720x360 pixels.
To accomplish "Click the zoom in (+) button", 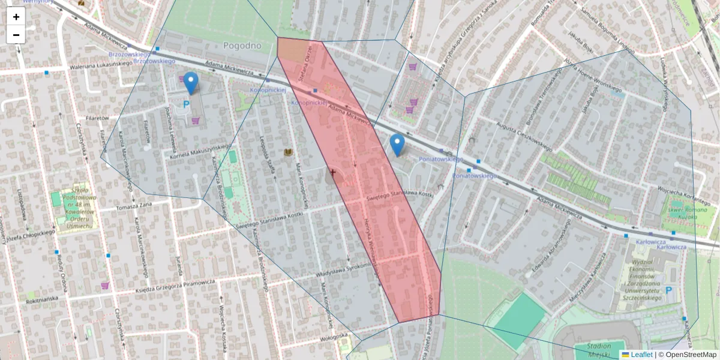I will [x=16, y=17].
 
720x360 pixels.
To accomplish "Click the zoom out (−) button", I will [x=16, y=35].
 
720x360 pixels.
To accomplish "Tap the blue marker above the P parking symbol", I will [x=191, y=83].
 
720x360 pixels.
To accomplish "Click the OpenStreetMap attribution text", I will [x=691, y=355].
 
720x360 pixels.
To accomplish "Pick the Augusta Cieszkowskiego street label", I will [x=524, y=136].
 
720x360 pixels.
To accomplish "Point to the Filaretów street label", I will [x=97, y=118].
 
